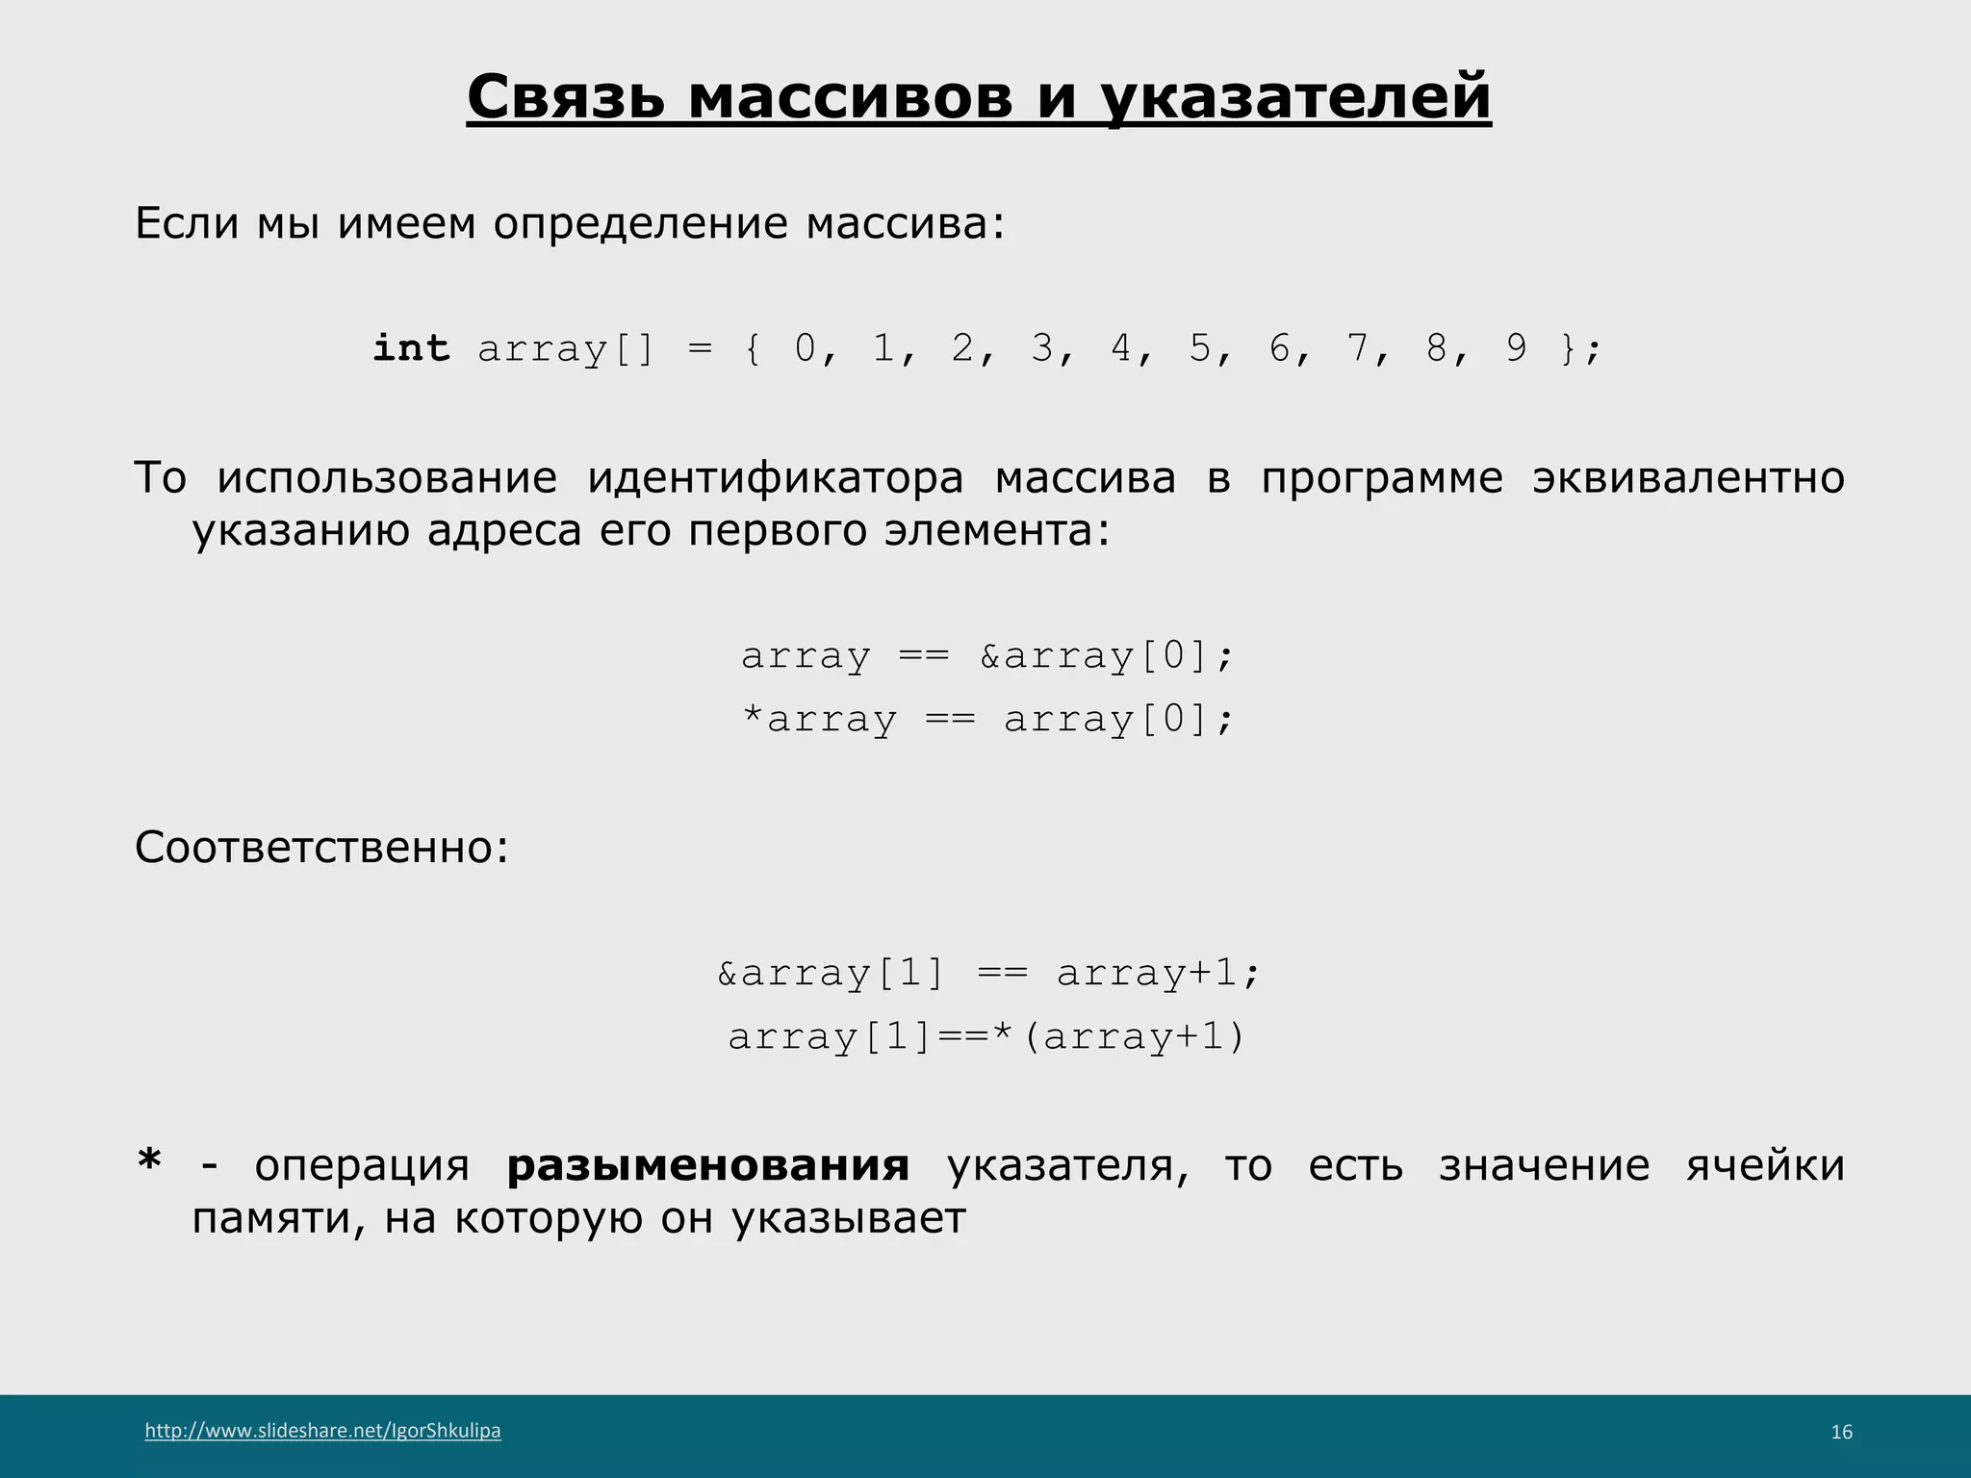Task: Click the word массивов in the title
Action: tap(850, 97)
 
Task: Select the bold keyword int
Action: tap(411, 347)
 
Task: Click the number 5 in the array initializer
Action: tap(1199, 347)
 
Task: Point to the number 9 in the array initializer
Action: tap(1517, 347)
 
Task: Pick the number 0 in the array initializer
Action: tap(805, 347)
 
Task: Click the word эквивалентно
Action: tap(1688, 478)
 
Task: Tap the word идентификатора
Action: tap(775, 478)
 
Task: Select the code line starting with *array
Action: tap(987, 720)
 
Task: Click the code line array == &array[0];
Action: tap(987, 656)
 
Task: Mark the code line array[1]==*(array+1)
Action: tap(987, 1037)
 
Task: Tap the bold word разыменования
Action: tap(708, 1166)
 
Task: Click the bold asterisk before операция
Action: tap(149, 1162)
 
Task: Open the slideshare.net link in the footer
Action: tap(322, 1431)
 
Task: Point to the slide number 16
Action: tap(1841, 1433)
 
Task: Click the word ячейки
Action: tap(1765, 1166)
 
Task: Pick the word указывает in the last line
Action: tap(848, 1219)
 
